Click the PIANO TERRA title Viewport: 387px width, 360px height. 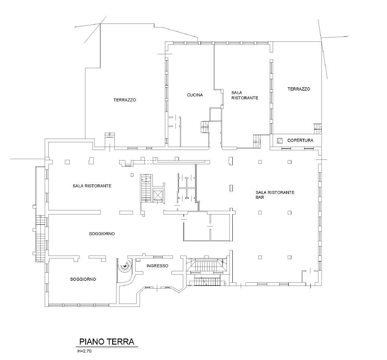[x=106, y=342]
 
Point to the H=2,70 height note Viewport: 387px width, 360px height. [x=84, y=351]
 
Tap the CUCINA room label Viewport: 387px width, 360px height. [x=195, y=95]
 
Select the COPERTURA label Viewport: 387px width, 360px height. [x=300, y=140]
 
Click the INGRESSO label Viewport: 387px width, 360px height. [x=157, y=266]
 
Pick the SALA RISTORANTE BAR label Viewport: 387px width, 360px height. [x=275, y=195]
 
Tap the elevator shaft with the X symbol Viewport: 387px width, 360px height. [x=158, y=195]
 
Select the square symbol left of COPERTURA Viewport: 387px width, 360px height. [x=280, y=141]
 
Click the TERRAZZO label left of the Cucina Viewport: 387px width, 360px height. [x=125, y=100]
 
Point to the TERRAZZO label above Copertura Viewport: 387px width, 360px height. [x=299, y=89]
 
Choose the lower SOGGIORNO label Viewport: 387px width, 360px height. [x=83, y=279]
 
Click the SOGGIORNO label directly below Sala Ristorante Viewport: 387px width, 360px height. [x=102, y=234]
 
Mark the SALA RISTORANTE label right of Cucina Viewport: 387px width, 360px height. [x=244, y=95]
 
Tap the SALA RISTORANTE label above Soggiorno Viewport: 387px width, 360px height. [x=92, y=186]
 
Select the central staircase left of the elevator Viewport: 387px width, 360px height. [x=145, y=188]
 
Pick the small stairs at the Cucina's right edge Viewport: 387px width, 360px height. [x=205, y=127]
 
